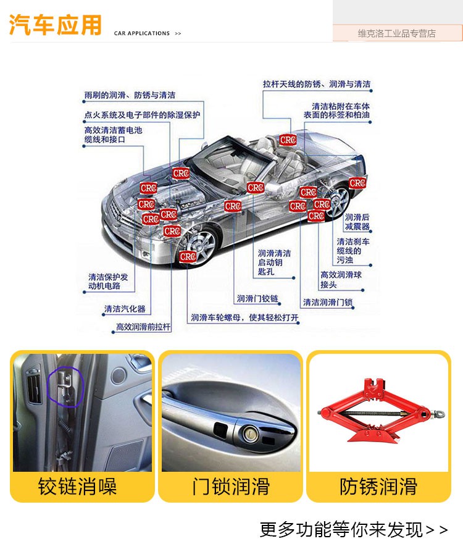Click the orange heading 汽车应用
(56, 25)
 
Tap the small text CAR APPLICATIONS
(141, 33)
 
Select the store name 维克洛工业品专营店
(396, 33)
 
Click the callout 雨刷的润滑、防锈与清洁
(130, 95)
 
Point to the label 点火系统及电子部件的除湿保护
(142, 115)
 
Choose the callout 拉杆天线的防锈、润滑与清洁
(317, 84)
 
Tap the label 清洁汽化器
(125, 309)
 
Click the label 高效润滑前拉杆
(143, 327)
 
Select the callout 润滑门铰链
(258, 298)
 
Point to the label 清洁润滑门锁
(328, 303)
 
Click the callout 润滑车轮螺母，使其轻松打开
(244, 317)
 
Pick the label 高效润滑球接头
(341, 280)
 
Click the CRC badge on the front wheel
(188, 256)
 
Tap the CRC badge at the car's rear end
(357, 183)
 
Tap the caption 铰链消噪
(77, 487)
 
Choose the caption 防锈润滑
(378, 487)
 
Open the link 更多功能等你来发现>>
(353, 530)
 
